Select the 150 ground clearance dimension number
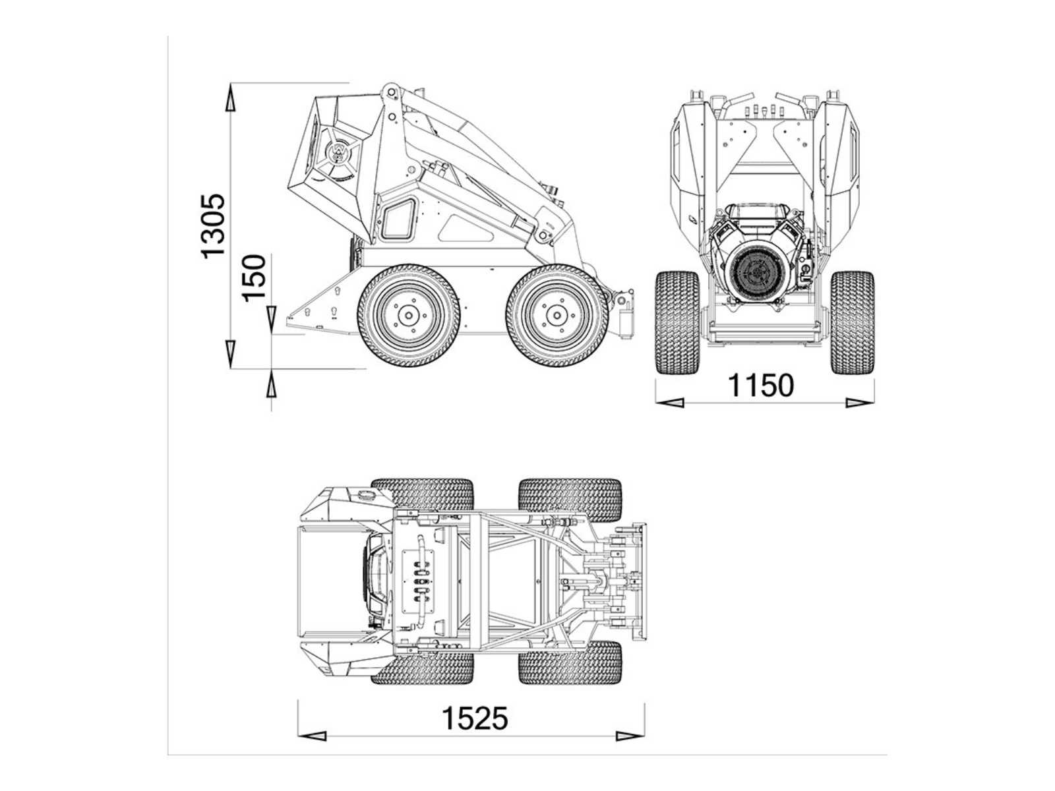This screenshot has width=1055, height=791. pyautogui.click(x=254, y=278)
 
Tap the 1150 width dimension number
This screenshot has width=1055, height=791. pyautogui.click(x=761, y=385)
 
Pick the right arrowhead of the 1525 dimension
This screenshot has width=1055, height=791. pyautogui.click(x=630, y=736)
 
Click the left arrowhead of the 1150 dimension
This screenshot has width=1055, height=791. pyautogui.click(x=669, y=403)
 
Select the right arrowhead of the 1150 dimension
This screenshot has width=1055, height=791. pyautogui.click(x=859, y=403)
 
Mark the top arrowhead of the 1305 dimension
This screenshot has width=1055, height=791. pyautogui.click(x=231, y=98)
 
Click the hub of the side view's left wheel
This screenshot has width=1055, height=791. pyautogui.click(x=409, y=316)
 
